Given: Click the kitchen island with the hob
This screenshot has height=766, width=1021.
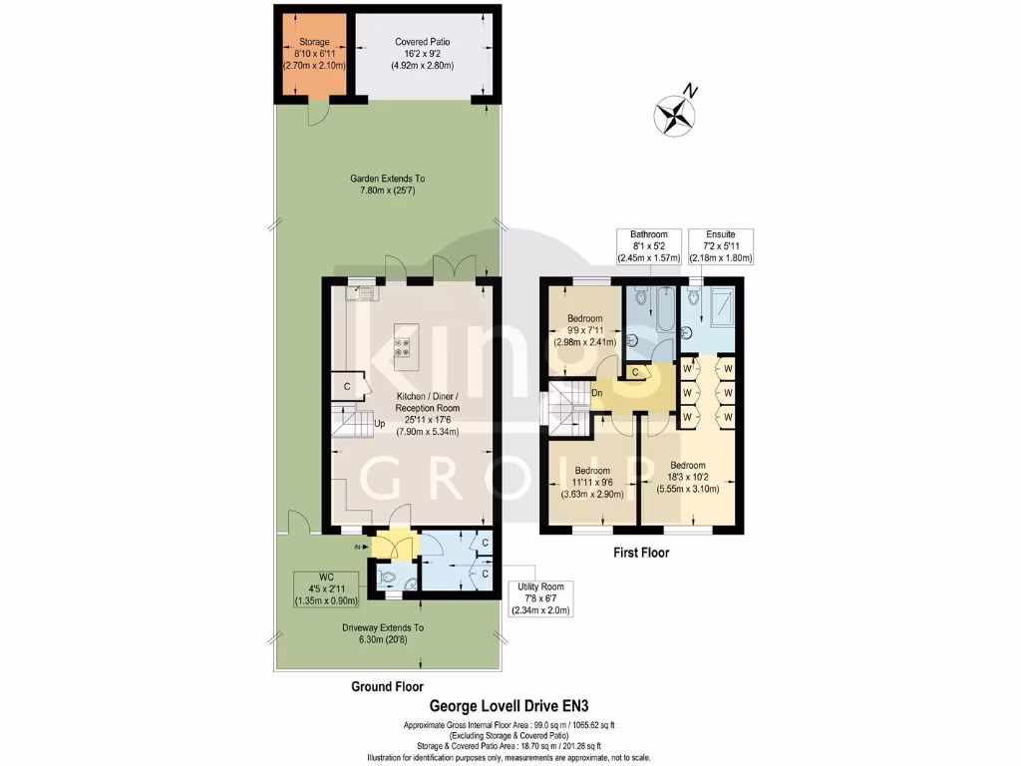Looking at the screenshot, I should [407, 346].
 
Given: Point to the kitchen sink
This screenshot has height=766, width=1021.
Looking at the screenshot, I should [359, 292].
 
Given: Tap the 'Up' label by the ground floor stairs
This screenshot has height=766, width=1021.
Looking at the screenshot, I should [380, 423].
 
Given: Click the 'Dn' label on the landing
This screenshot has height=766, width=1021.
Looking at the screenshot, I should [597, 392].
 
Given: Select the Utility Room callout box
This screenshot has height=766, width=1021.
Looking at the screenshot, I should [540, 596].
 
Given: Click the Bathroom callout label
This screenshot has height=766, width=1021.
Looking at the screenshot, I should [654, 245].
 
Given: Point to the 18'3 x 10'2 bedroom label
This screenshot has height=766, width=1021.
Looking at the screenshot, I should [688, 477].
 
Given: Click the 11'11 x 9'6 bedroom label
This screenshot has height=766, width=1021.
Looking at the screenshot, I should [591, 482].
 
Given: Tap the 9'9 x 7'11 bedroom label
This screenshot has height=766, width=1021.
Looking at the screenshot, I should [585, 330].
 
